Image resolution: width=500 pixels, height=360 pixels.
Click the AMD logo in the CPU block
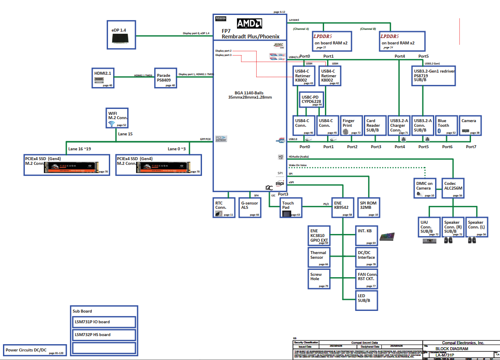(250, 23)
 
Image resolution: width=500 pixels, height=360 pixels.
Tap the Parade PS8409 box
(166, 78)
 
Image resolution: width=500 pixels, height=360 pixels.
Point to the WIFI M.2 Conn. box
(117, 118)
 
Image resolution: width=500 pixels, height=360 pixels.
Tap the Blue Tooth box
(445, 126)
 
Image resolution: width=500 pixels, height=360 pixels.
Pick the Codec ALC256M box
(453, 188)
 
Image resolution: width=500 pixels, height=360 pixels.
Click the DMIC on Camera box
(425, 188)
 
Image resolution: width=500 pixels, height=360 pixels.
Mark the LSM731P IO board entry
(105, 322)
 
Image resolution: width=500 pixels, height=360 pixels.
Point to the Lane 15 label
(125, 134)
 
